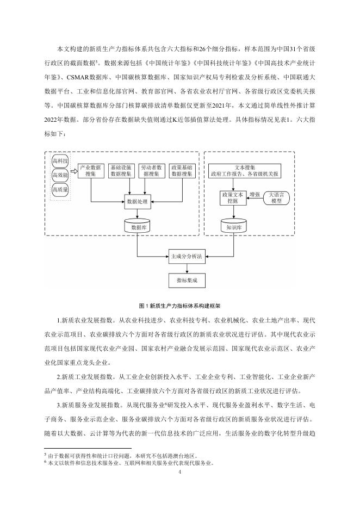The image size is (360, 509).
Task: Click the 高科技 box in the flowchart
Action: [60, 162]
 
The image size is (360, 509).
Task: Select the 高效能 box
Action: [60, 176]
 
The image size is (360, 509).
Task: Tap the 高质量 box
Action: [60, 190]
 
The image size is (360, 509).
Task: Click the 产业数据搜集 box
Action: [90, 170]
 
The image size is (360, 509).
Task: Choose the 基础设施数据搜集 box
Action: [120, 170]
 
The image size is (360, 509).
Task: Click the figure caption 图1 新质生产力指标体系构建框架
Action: [180, 306]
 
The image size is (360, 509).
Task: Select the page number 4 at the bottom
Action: [180, 471]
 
